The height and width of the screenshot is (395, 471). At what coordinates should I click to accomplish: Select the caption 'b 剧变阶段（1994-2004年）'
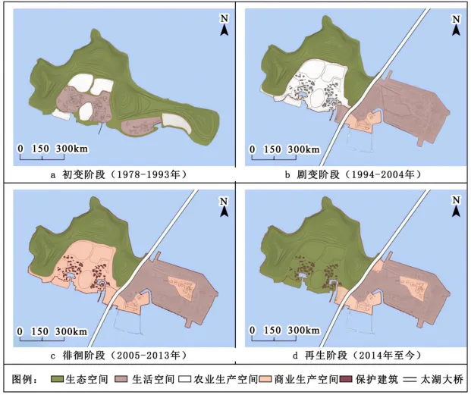coord(353,175)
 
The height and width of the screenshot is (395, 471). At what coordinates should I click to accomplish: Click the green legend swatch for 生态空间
coord(58,378)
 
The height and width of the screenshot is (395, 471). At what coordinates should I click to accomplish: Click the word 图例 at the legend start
coord(23,378)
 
